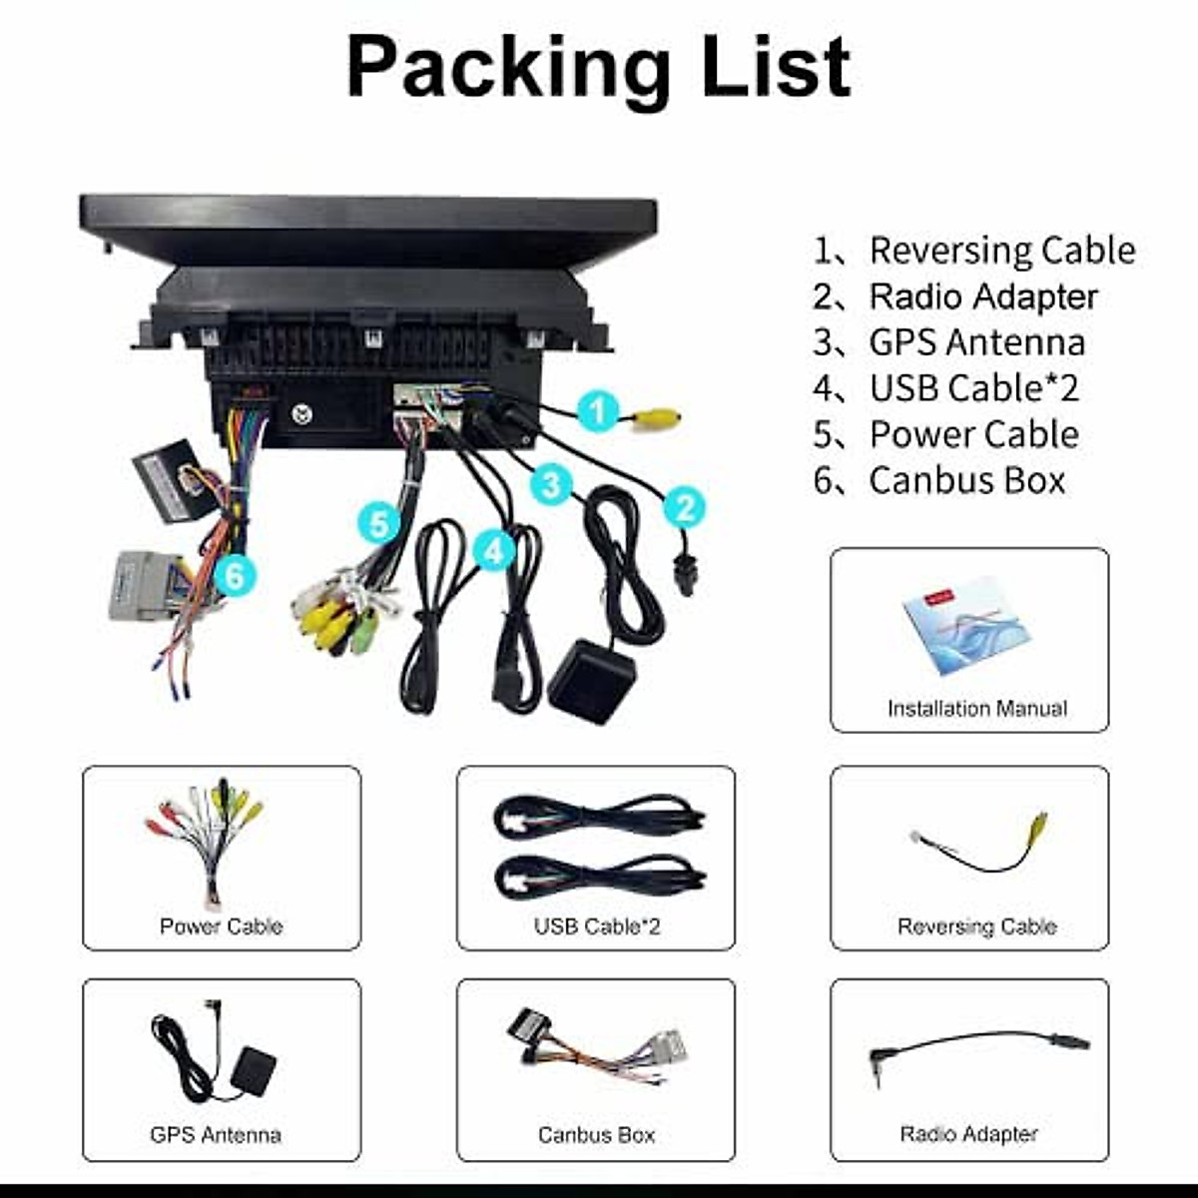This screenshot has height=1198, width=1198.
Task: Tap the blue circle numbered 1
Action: click(x=599, y=411)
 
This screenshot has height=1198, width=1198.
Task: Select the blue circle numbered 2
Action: click(x=685, y=507)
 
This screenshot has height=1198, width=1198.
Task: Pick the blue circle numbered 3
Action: click(x=551, y=486)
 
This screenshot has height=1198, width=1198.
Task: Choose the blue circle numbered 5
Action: click(x=378, y=523)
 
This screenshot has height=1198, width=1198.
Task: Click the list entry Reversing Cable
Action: click(x=1001, y=251)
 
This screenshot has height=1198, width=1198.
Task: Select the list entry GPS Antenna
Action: click(x=976, y=342)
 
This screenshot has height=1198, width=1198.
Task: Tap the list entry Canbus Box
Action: click(x=966, y=480)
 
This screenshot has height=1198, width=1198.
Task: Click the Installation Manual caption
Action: click(x=976, y=709)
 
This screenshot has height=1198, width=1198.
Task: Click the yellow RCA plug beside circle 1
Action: click(x=659, y=418)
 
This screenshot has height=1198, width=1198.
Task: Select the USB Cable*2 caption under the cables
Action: click(x=597, y=926)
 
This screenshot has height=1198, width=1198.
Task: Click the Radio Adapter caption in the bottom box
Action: click(x=968, y=1134)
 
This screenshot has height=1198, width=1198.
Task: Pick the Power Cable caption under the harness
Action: click(x=221, y=926)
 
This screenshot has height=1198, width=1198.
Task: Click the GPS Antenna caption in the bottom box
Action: click(x=216, y=1134)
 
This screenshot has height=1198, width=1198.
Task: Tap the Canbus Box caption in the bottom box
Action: click(x=596, y=1134)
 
